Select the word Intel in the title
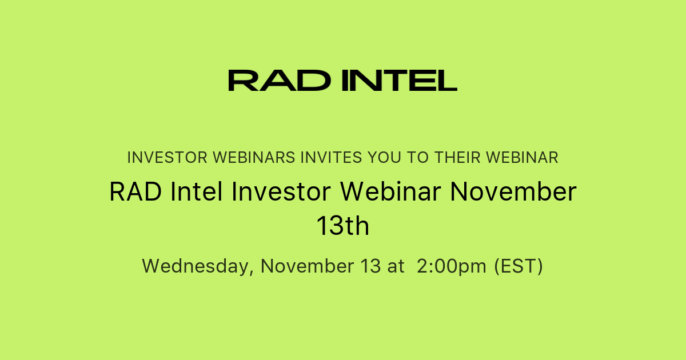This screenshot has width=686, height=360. [x=197, y=192]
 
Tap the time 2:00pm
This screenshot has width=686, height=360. [x=452, y=266]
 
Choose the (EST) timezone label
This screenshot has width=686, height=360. [x=519, y=266]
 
